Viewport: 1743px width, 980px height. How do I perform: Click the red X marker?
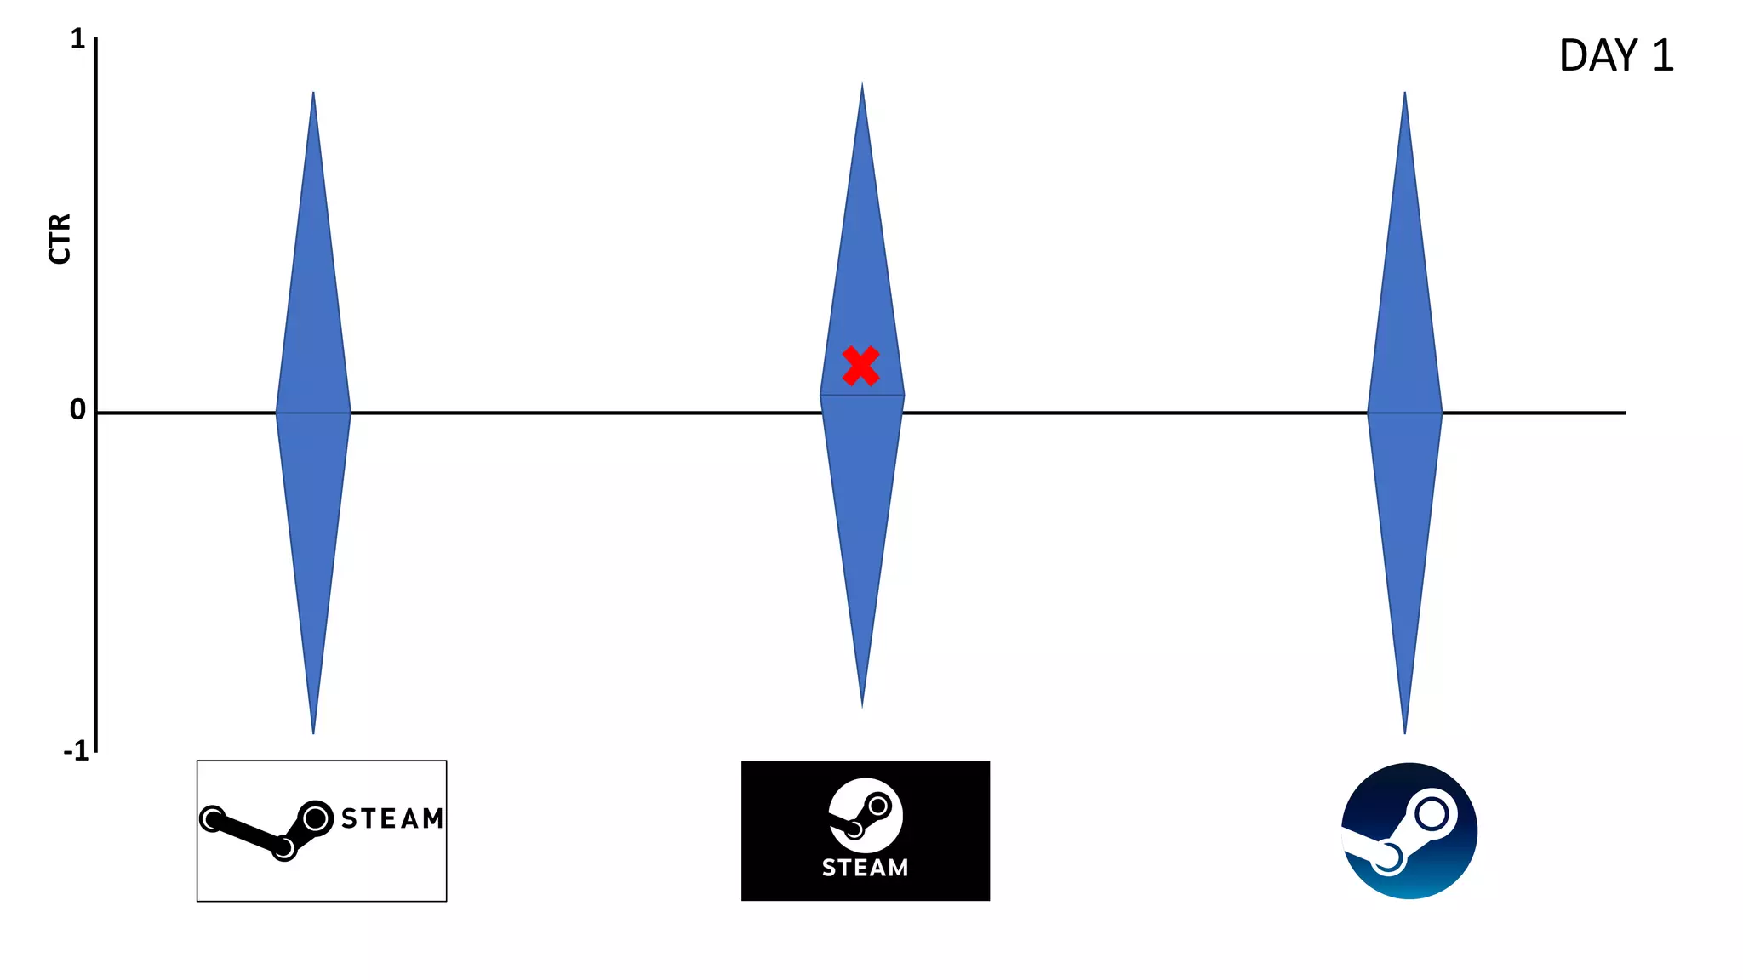pos(860,366)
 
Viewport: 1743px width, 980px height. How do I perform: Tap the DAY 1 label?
pos(1616,56)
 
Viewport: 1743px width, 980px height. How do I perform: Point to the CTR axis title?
pos(60,239)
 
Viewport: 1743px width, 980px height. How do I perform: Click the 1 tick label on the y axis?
pos(77,39)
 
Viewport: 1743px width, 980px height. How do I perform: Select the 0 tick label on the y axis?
pos(77,410)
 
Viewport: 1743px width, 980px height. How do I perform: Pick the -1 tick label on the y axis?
pos(76,751)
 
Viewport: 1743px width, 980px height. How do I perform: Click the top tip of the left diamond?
pos(313,94)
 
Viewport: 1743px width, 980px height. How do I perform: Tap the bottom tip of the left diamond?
pos(313,731)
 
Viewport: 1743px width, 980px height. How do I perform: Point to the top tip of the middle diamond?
pos(862,85)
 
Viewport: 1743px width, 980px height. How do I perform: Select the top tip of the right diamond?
pos(1404,94)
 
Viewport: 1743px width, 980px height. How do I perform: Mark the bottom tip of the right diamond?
pos(1404,731)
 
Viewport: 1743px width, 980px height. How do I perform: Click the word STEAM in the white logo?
pos(392,818)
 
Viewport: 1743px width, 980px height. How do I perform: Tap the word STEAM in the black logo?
pos(865,868)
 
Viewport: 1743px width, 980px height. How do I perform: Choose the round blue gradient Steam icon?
pos(1409,831)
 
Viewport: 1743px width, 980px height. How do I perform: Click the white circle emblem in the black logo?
pos(866,815)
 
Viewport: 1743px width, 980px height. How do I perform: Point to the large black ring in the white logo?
pos(316,818)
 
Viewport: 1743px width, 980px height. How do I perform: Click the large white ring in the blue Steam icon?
pos(1432,814)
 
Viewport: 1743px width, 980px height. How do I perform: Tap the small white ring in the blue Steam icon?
pos(1387,857)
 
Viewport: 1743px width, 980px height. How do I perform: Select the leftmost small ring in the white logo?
pos(212,818)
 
